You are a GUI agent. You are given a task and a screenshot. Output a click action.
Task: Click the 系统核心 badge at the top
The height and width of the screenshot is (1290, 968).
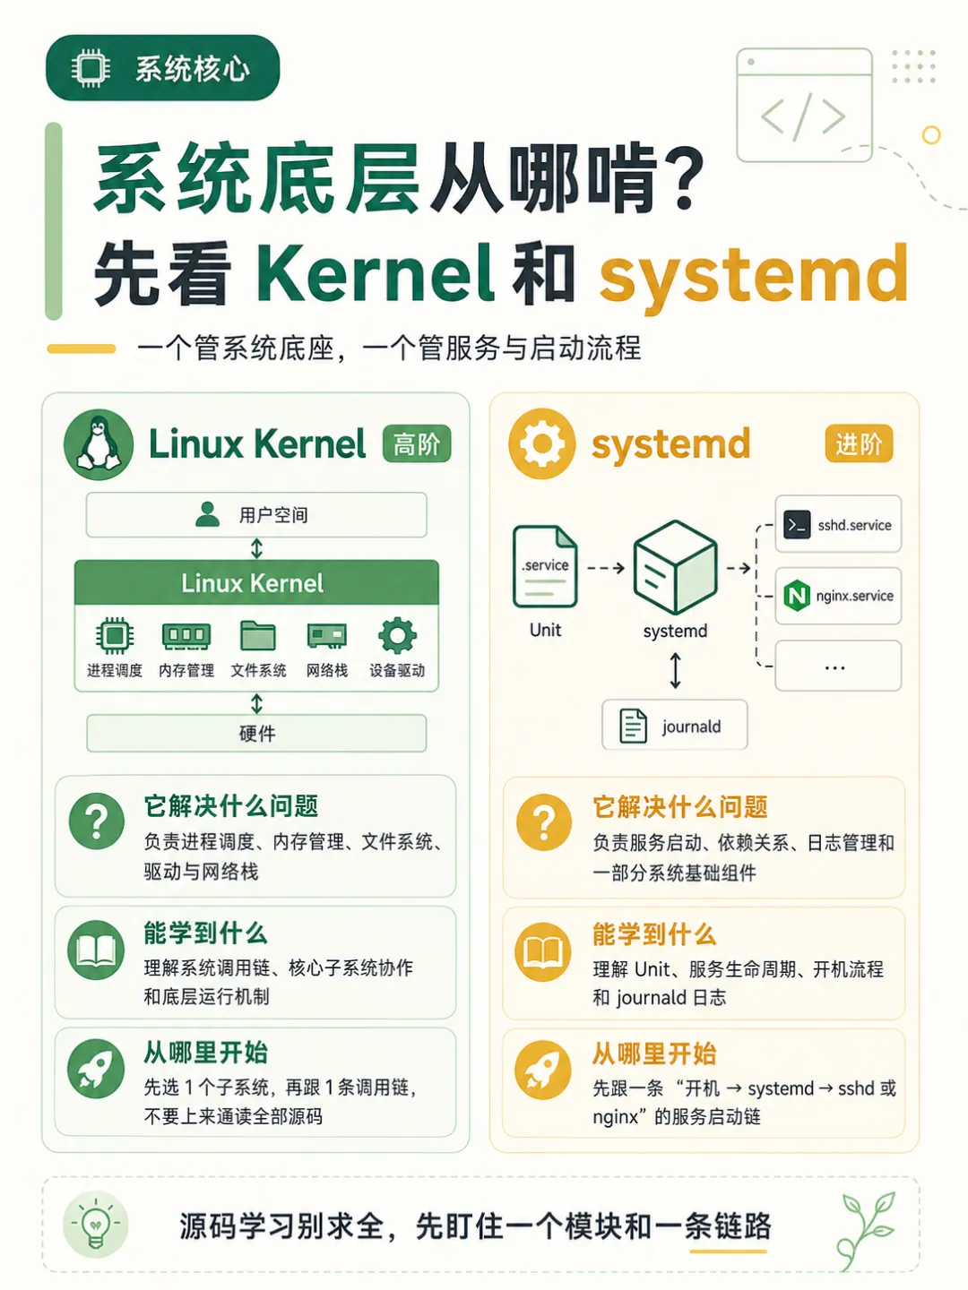coord(163,68)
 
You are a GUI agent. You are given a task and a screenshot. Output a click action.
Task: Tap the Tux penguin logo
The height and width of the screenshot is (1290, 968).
coord(99,444)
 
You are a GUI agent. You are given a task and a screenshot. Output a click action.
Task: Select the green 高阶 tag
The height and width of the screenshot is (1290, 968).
coord(417,443)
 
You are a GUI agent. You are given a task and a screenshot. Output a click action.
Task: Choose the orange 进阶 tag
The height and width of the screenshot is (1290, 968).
coord(859,443)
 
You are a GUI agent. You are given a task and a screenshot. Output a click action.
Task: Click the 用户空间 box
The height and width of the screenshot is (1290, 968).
coord(256,515)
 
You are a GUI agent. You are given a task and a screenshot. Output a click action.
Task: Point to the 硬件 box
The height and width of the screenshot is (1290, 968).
coord(256,733)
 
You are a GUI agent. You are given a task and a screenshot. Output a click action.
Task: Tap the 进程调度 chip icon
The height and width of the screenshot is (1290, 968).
coord(115,636)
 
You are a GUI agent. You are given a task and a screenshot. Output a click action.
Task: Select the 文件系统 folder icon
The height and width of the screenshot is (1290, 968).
coord(258,636)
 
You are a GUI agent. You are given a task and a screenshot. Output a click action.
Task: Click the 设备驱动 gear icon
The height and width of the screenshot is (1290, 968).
coord(397,636)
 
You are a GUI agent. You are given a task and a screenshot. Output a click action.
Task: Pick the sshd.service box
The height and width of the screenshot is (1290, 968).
coord(838,524)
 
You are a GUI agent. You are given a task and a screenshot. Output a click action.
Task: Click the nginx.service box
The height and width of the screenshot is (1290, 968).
coord(838,596)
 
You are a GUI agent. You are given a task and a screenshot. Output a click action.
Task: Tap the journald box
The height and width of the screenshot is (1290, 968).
coord(675,726)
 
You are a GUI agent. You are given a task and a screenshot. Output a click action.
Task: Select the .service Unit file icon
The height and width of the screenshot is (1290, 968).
coord(545,566)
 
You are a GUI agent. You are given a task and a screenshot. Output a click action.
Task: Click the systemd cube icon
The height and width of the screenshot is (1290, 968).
coord(675,568)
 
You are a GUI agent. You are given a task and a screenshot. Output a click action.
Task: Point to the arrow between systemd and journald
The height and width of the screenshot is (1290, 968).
coord(675,671)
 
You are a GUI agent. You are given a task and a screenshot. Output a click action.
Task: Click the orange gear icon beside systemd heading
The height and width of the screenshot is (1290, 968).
coord(542,443)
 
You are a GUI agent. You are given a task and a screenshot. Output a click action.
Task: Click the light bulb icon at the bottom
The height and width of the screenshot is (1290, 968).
coord(95,1224)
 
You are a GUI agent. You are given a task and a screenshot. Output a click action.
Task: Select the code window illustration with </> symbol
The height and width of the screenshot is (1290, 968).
coord(805,105)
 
